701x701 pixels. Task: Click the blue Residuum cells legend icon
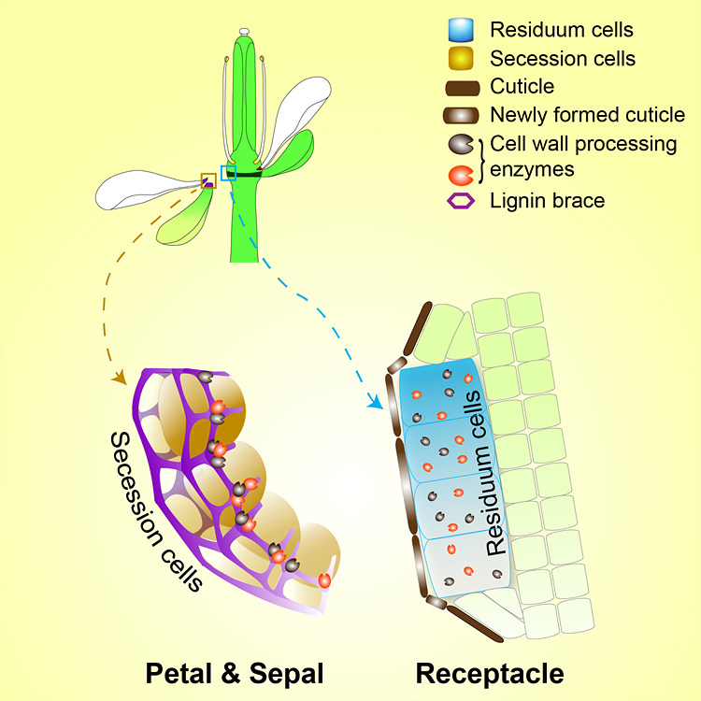(460, 31)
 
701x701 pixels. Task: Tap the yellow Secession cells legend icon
(460, 59)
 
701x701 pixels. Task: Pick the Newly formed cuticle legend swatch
(459, 116)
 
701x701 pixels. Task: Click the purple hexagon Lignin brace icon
(459, 200)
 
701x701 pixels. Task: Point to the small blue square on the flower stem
(228, 173)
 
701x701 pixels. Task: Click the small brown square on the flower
(208, 179)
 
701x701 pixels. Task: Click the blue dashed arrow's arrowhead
(378, 404)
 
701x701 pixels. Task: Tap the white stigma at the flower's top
(244, 32)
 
